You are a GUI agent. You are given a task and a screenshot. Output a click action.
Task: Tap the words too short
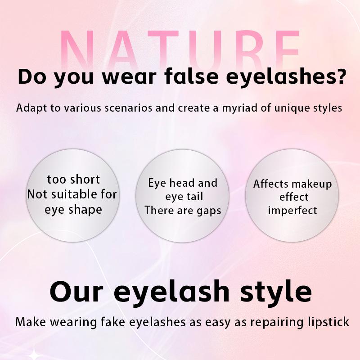[x=73, y=180]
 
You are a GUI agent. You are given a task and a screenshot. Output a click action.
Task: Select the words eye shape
[x=73, y=210]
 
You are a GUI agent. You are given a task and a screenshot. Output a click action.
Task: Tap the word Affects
[x=271, y=184]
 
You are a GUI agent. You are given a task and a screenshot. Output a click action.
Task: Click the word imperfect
[x=292, y=210]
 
